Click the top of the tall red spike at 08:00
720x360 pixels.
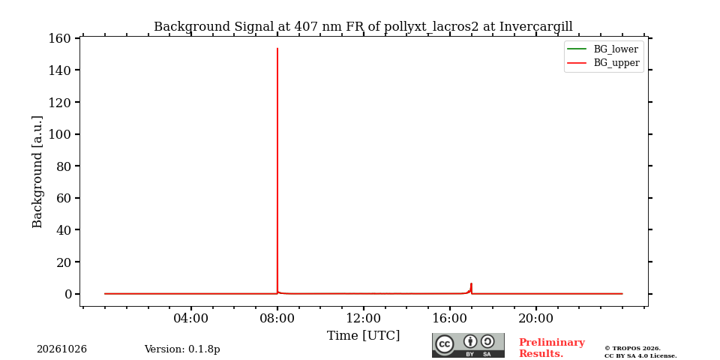(277, 48)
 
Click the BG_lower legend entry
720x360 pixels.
(603, 49)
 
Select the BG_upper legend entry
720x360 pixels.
(603, 63)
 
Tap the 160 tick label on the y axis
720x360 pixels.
(59, 38)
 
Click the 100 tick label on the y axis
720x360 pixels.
(59, 134)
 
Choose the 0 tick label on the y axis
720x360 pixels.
(68, 294)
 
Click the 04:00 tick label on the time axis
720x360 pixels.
(191, 318)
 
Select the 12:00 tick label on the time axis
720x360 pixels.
(363, 318)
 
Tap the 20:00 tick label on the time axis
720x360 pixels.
(535, 318)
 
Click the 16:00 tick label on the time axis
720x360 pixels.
(449, 318)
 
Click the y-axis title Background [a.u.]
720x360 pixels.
(37, 172)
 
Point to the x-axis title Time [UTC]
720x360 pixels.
(363, 336)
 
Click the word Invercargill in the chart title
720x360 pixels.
(535, 27)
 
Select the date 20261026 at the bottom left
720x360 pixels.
(61, 349)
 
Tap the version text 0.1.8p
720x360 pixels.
(204, 349)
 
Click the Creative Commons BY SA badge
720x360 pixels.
(468, 345)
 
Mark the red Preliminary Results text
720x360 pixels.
(551, 348)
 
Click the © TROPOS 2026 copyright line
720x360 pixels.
(632, 349)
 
